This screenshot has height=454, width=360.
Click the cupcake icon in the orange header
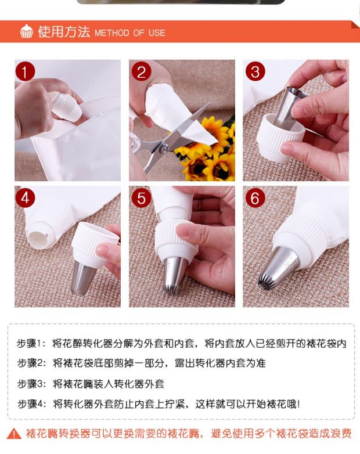[x=26, y=31]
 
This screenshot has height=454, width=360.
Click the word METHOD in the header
[x=112, y=33]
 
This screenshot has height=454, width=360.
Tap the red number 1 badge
[x=25, y=71]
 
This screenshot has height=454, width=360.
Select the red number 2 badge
[x=141, y=71]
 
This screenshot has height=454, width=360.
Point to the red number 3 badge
[x=255, y=71]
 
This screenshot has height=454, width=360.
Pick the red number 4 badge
[x=25, y=198]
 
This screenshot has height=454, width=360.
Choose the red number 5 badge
[x=141, y=198]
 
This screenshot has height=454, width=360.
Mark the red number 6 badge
[x=255, y=198]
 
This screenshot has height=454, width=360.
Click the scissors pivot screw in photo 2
[x=164, y=148]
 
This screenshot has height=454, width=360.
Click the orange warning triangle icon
[x=14, y=434]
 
